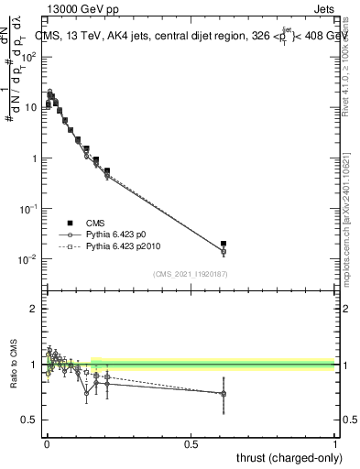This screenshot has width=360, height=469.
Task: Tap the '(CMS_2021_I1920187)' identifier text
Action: point(191,272)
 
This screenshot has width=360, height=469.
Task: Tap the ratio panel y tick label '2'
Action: point(34,309)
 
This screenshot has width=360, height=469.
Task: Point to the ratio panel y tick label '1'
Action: point(34,365)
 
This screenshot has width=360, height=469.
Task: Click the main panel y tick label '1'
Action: point(34,158)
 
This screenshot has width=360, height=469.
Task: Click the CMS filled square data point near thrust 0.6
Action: point(224,244)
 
